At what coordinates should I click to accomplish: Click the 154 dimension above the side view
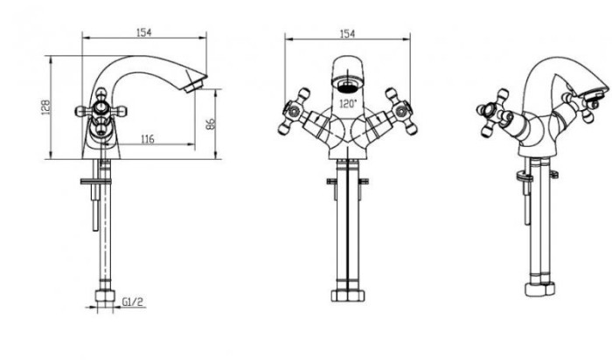[143, 32]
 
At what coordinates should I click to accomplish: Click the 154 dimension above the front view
[347, 34]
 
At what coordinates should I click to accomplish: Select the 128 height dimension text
[45, 107]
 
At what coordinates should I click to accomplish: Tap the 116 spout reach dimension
[147, 139]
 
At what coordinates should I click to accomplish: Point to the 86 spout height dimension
[210, 124]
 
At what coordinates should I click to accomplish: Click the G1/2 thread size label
[133, 301]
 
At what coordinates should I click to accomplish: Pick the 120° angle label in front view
[348, 104]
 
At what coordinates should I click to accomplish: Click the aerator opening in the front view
[347, 86]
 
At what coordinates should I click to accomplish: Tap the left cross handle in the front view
[295, 111]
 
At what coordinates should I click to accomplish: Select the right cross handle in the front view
[400, 111]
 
